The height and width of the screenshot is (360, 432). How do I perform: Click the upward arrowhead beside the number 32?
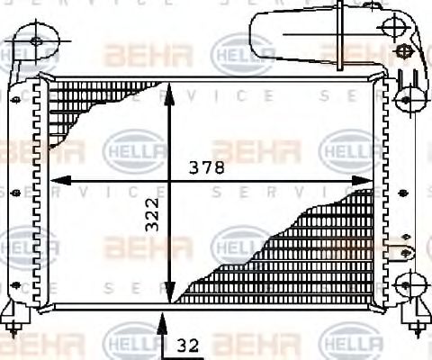click(x=162, y=317)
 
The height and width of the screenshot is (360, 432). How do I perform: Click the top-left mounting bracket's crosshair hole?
click(x=36, y=40)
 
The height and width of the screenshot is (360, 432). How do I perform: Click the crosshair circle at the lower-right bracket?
click(x=406, y=286)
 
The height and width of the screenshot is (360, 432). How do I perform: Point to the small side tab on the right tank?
click(x=404, y=243)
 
